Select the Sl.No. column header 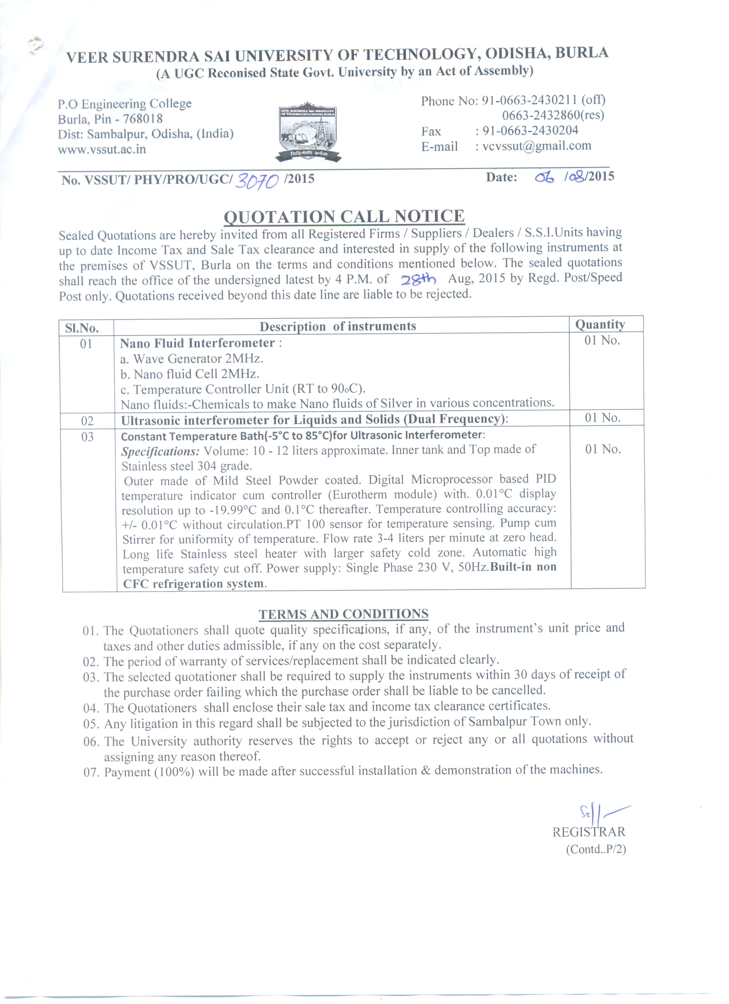82,328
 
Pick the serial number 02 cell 87,420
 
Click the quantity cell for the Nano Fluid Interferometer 602,340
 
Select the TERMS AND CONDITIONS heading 343,614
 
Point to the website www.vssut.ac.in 102,149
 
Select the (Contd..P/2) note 596,849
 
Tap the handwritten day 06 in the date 544,178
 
